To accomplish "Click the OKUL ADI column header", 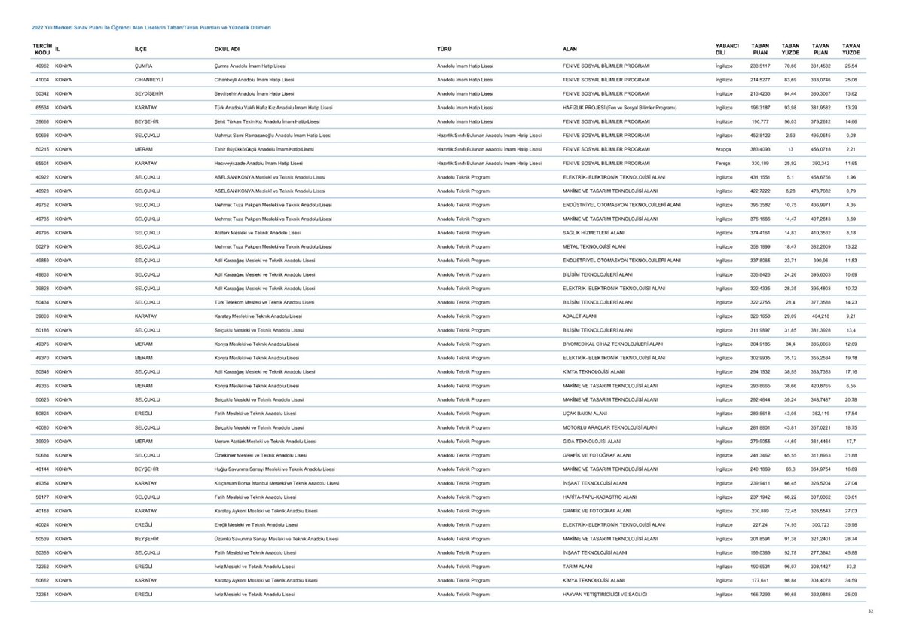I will [x=227, y=50].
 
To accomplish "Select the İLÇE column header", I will [x=141, y=50].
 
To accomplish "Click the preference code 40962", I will [x=42, y=66].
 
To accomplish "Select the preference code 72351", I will [x=42, y=594].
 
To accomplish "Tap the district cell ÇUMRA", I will [x=144, y=66].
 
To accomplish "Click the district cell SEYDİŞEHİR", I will [x=150, y=93].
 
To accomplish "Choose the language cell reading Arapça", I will [x=723, y=149].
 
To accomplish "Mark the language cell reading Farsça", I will [x=723, y=163].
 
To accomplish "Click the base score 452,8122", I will [x=761, y=135].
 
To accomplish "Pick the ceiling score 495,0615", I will [x=820, y=135].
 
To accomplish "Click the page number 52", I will [x=869, y=611].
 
